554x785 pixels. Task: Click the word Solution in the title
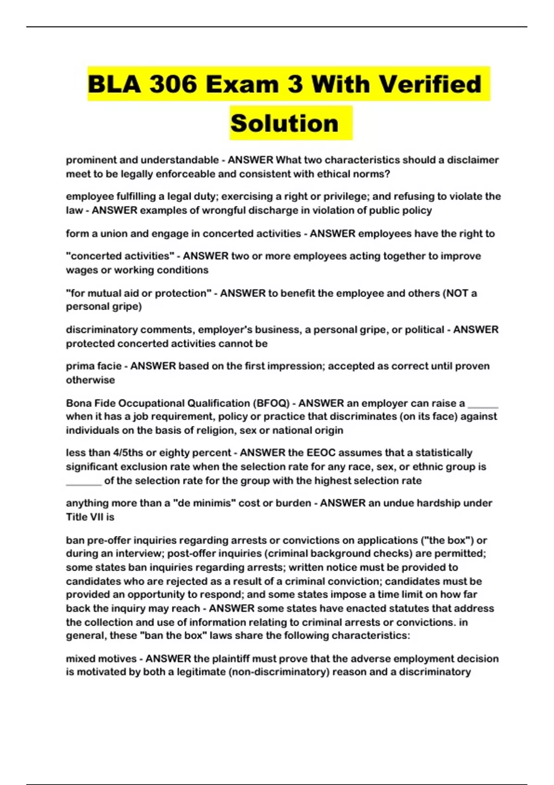[x=284, y=123]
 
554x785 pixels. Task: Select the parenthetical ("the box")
[x=446, y=540]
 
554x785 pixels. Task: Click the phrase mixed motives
[x=101, y=659]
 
